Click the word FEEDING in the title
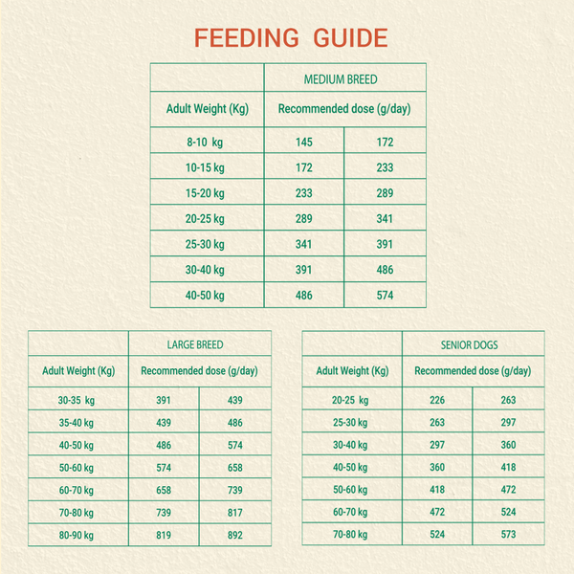pos(247,37)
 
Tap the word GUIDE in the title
pos(350,37)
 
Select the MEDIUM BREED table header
pos(341,79)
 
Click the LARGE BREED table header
pos(195,344)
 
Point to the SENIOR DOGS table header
pos(470,344)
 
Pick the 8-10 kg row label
pos(205,142)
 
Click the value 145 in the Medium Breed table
pos(304,142)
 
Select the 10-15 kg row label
pos(205,167)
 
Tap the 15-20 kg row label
pos(205,193)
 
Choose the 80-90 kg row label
pos(77,535)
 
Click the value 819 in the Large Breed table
pos(164,535)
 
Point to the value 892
pos(235,535)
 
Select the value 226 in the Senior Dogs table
pos(437,400)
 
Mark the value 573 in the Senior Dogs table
pos(509,535)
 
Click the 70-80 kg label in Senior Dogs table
pos(350,535)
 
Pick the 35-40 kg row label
pos(77,423)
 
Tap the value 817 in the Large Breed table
pos(235,513)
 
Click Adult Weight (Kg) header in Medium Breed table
pos(208,109)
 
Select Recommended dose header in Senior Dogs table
pos(473,371)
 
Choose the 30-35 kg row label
pos(77,400)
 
